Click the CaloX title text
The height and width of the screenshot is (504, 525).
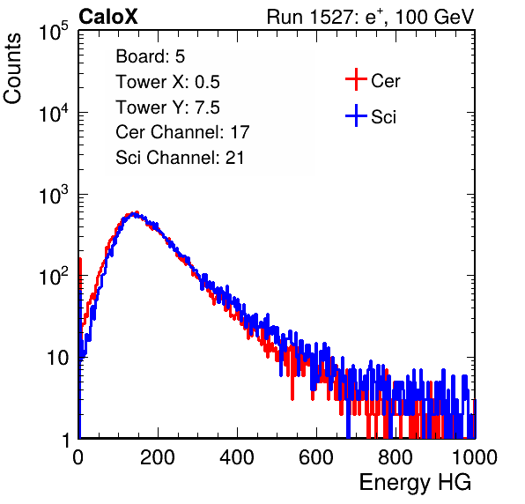(x=108, y=17)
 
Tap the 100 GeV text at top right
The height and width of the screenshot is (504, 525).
(x=434, y=17)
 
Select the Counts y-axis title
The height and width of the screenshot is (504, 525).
(x=12, y=69)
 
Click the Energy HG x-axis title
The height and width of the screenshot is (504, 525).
(x=415, y=483)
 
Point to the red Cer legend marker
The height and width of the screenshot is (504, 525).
(x=356, y=79)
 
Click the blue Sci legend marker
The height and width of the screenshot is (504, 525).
(x=356, y=115)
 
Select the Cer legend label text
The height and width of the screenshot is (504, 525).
(x=385, y=81)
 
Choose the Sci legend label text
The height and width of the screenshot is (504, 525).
(x=383, y=117)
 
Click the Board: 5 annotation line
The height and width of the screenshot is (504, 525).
(x=151, y=56)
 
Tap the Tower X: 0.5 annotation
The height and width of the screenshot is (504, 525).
(x=167, y=82)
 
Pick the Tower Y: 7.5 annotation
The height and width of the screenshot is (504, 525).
(x=167, y=107)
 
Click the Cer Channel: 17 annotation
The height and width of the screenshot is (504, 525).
(x=183, y=132)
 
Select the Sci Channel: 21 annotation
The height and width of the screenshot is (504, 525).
(x=180, y=158)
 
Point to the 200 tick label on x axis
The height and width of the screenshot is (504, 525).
(x=158, y=457)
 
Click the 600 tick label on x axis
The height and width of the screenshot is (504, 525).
(x=316, y=457)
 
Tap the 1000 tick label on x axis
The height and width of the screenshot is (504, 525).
(x=475, y=457)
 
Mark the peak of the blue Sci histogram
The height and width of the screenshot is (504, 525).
(x=134, y=213)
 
